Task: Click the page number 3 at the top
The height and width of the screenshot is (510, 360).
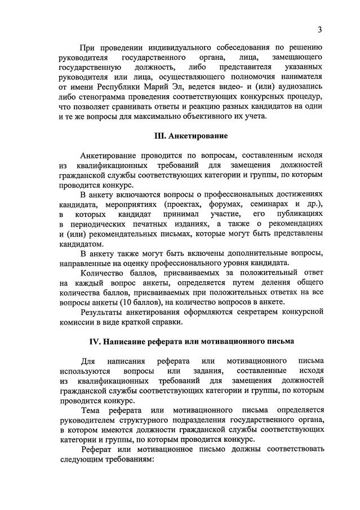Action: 319,29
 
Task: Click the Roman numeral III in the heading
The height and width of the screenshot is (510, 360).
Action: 160,136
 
